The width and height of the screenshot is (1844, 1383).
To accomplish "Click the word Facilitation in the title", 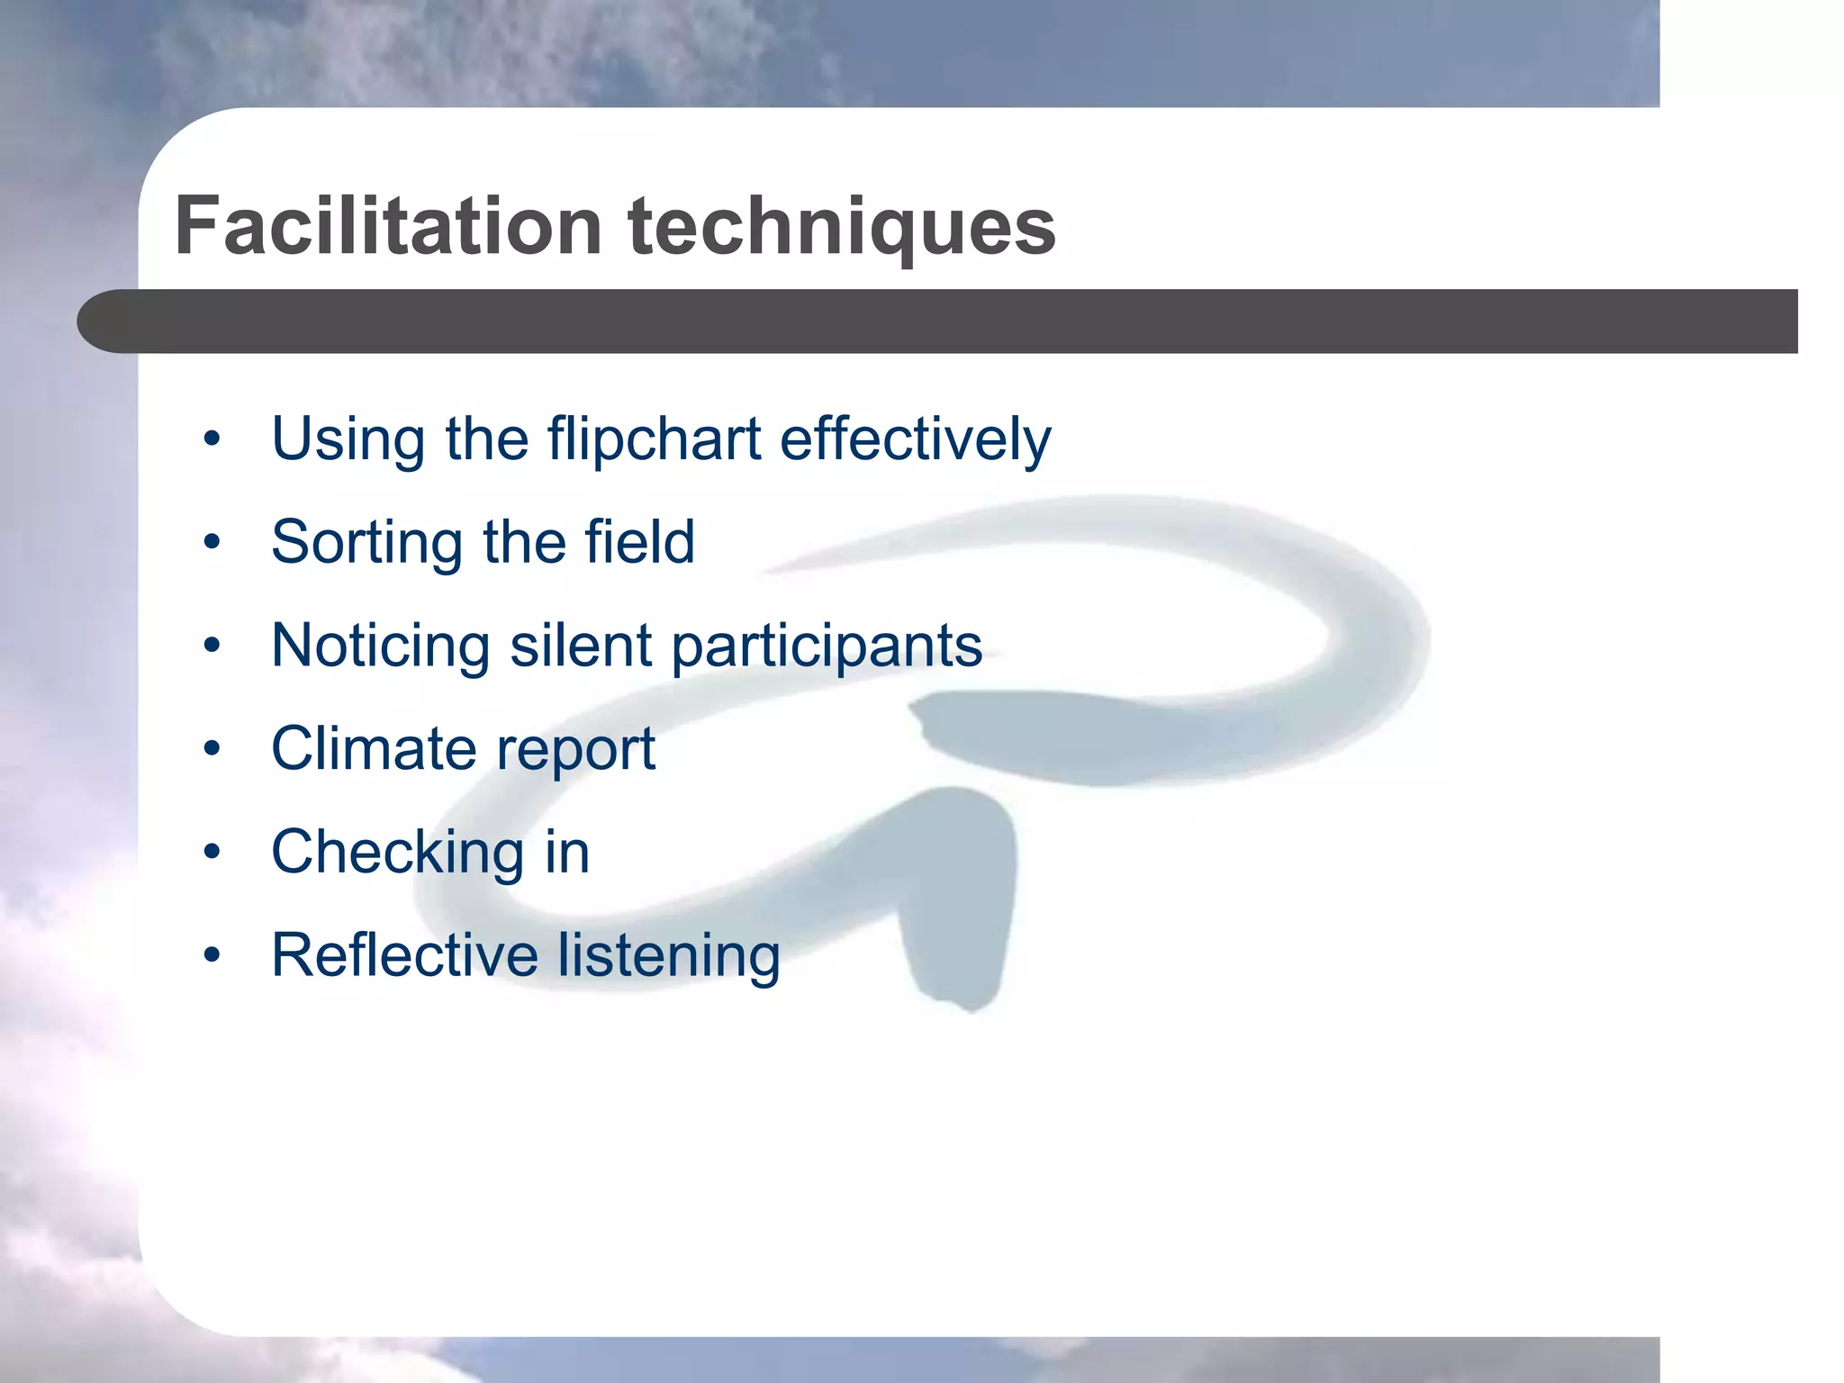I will click(388, 226).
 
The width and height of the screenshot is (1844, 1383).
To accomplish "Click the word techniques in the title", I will click(842, 228).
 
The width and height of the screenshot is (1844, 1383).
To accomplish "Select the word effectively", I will click(915, 439).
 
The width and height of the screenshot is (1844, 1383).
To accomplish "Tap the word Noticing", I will click(381, 646).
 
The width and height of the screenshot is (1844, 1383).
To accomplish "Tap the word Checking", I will click(397, 854).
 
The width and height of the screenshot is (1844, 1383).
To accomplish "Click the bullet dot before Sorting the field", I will click(212, 543).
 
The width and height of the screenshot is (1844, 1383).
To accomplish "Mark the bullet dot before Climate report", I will click(212, 749).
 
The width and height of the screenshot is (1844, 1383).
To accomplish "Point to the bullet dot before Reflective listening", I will click(212, 955).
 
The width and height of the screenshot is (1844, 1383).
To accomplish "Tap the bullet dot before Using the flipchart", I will click(212, 440).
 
